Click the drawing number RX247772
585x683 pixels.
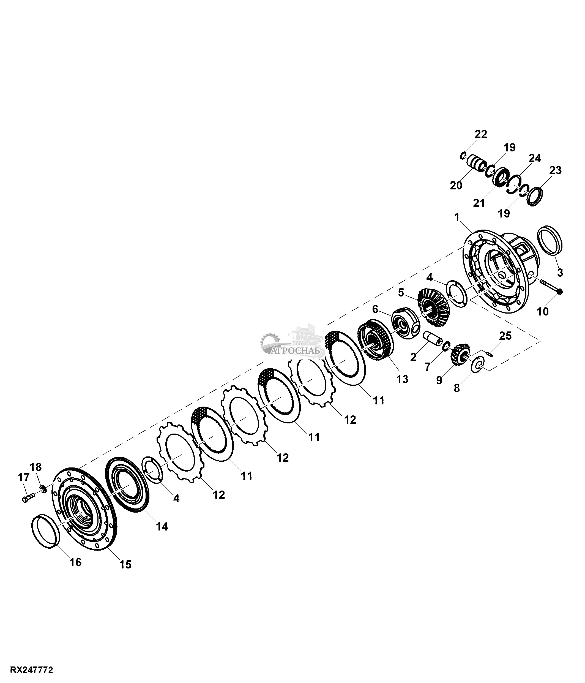point(32,670)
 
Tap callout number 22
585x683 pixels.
point(481,135)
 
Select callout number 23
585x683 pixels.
point(555,170)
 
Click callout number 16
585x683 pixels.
point(75,562)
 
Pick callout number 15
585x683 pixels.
point(125,565)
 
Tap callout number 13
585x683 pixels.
point(402,379)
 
